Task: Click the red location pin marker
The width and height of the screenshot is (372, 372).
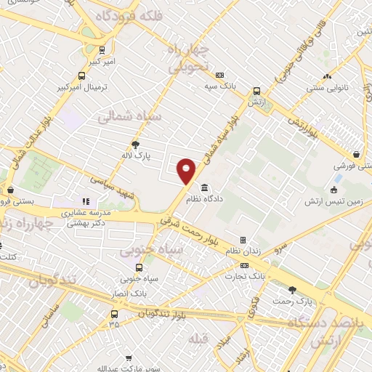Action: point(187,170)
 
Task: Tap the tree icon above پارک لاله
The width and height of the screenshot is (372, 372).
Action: point(135,145)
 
